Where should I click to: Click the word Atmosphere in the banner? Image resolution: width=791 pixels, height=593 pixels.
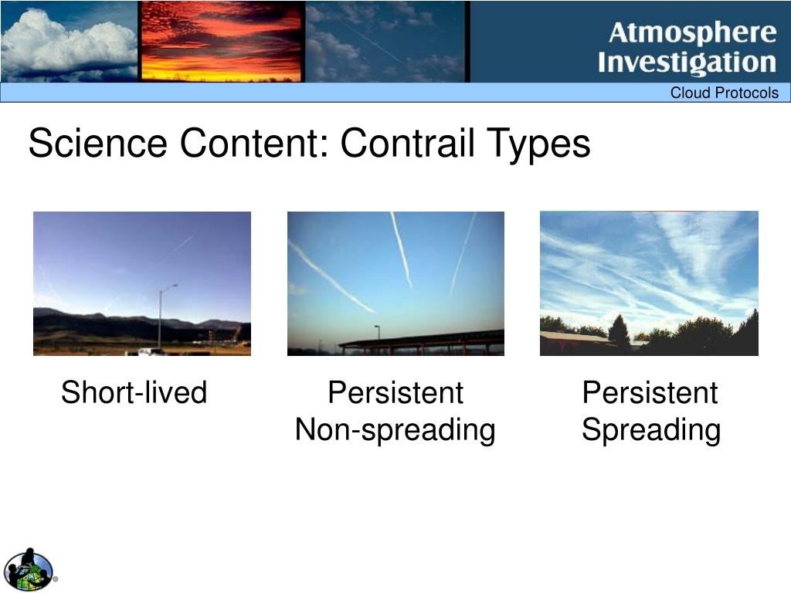pos(692,33)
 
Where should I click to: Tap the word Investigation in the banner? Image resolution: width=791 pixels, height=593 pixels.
pos(687,63)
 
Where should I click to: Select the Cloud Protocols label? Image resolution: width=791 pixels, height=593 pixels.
pos(724,93)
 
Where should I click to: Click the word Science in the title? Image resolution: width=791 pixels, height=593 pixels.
pos(98,143)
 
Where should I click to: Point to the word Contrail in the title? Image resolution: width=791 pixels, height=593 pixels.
pos(408,143)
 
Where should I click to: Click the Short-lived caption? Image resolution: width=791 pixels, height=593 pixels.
pos(134,392)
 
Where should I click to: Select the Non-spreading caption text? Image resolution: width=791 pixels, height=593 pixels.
pos(395,430)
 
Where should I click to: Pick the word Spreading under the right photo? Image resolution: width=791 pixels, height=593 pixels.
pos(650,430)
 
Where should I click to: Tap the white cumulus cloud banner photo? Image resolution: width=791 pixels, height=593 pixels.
pos(69,42)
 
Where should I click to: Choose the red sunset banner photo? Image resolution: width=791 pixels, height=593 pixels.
pos(222,42)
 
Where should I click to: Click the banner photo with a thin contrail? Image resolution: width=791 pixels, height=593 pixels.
pos(385,42)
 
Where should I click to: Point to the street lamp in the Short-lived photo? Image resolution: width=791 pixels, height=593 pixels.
pos(161,317)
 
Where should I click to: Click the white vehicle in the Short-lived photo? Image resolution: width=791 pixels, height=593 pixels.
pos(150,351)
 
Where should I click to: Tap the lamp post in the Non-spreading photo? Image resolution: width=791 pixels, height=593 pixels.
pos(378,333)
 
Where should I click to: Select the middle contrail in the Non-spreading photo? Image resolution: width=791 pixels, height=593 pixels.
pos(402,249)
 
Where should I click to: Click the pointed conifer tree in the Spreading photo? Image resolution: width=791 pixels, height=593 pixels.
pos(619,332)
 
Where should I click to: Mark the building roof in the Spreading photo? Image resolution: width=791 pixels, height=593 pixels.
pos(574,335)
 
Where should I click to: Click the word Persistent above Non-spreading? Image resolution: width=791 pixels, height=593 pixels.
pos(395,392)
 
